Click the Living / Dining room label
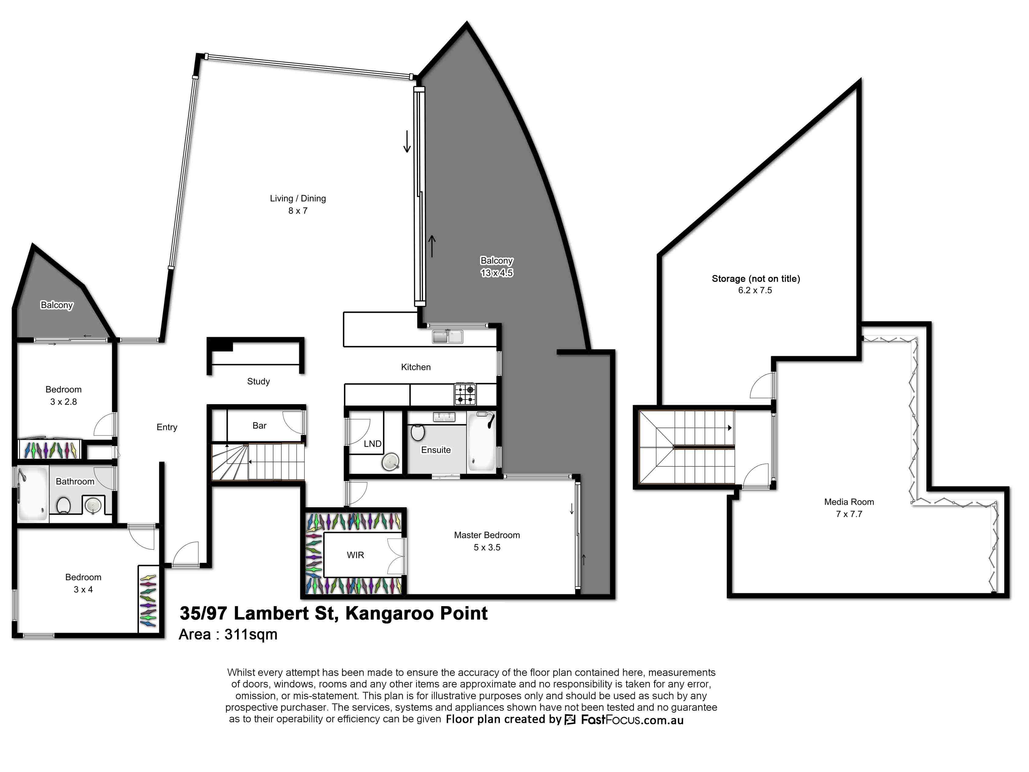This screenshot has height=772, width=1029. [298, 198]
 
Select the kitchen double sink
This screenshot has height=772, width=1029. [447, 336]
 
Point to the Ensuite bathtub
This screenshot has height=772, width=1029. [481, 441]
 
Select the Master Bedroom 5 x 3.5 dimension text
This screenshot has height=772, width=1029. [487, 548]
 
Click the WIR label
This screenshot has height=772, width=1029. [355, 555]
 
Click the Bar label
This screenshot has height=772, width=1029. [260, 426]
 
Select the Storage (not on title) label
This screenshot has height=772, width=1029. [756, 279]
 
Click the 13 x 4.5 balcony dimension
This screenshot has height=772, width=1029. [497, 273]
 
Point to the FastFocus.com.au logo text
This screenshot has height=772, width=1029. [632, 720]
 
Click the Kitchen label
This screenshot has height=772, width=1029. [416, 367]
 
